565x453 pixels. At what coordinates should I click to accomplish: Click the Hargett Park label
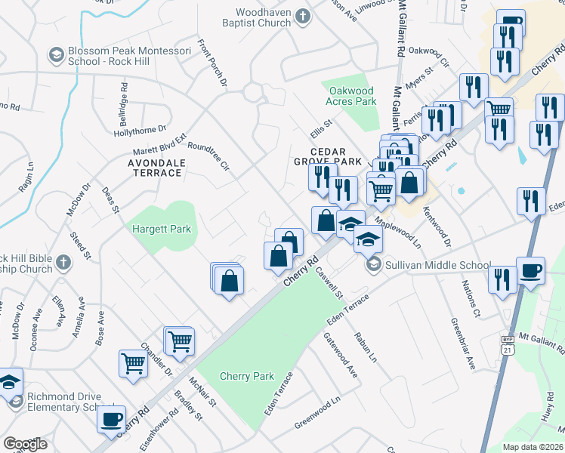pos(162,229)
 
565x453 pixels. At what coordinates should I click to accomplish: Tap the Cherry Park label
pos(246,376)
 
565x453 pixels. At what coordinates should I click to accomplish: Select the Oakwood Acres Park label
pos(350,95)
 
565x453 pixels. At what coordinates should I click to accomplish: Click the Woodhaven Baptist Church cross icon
pos(302,15)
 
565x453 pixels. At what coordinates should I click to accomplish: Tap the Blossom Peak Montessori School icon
pos(57,55)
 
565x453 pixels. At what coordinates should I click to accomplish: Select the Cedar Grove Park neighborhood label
pos(327,156)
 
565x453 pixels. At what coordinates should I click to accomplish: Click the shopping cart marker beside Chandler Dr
pos(134,363)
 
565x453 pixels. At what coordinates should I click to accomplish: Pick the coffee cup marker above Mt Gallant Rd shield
pos(529,271)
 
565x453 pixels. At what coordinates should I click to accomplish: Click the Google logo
pos(24,444)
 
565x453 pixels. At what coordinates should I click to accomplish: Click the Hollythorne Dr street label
pos(139,131)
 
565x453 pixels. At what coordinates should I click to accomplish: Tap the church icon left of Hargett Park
pos(63,263)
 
